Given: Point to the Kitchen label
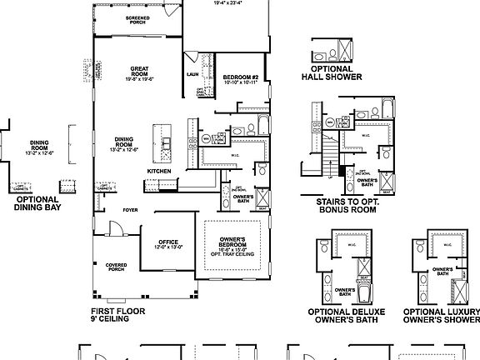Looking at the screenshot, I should [159, 172].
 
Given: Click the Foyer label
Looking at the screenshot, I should [130, 210].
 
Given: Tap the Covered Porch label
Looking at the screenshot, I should [116, 268].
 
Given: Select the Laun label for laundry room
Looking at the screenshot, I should [191, 73].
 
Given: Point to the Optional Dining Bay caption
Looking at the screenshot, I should [37, 204].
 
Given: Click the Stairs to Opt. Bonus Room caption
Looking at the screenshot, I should [346, 206].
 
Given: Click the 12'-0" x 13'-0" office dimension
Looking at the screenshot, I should [167, 247].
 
